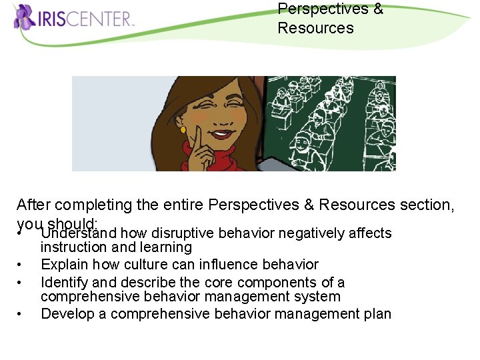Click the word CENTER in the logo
click(x=102, y=19)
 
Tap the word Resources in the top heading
click(x=315, y=28)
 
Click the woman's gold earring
click(x=183, y=129)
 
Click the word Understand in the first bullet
click(x=79, y=233)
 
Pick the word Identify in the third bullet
click(x=62, y=282)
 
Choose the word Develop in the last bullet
click(x=67, y=314)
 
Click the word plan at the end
click(x=377, y=314)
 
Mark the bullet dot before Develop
click(x=21, y=314)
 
